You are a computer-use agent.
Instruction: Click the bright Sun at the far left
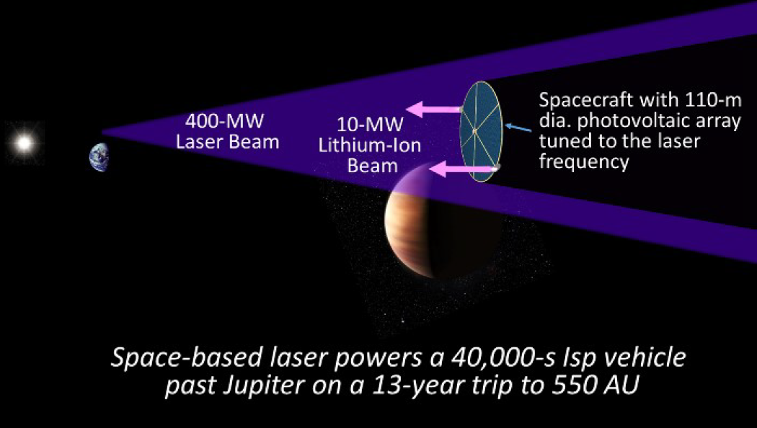point(24,143)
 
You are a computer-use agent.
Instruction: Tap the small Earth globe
point(99,157)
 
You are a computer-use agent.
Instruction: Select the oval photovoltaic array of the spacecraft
point(481,131)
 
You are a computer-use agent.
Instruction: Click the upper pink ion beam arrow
point(434,109)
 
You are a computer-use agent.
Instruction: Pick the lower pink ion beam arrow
point(464,169)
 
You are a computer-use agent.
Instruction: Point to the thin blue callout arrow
point(518,128)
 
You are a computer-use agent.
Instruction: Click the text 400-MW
point(224,121)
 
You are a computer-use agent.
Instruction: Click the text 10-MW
point(370,125)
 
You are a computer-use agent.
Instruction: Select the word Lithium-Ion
point(369,146)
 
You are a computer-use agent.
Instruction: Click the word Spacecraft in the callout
point(586,100)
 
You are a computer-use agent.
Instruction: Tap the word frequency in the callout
point(584,161)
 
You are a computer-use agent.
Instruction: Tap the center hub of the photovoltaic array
point(475,130)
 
